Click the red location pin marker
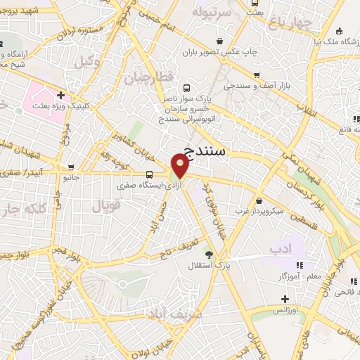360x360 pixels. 180,166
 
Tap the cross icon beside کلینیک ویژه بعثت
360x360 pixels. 61,95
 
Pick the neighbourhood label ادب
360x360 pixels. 278,250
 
